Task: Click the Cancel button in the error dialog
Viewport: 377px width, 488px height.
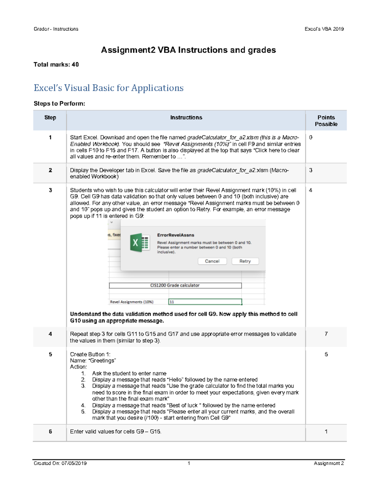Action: [x=212, y=261]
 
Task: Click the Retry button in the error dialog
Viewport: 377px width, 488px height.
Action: [x=245, y=261]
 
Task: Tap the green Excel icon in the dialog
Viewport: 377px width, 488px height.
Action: [x=140, y=243]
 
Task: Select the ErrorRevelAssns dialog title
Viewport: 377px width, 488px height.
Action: [x=176, y=235]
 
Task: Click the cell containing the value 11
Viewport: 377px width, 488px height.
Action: [x=205, y=302]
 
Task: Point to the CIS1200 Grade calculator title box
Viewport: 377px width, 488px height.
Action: [x=175, y=285]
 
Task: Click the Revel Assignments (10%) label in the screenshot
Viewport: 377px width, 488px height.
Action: [x=132, y=302]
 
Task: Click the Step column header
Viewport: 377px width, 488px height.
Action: [x=50, y=118]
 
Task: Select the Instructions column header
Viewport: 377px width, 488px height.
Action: [x=186, y=118]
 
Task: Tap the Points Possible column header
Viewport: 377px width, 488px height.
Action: [x=326, y=121]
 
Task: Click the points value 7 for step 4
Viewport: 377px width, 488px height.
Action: [x=326, y=334]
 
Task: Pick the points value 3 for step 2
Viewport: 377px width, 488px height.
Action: [x=311, y=170]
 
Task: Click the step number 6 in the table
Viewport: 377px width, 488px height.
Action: [x=50, y=431]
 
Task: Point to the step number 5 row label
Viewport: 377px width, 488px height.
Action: [x=50, y=354]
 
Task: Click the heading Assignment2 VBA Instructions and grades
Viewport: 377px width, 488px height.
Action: [x=188, y=50]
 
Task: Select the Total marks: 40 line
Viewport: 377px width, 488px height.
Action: [x=56, y=64]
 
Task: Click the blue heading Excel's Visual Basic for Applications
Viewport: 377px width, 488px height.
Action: [x=108, y=88]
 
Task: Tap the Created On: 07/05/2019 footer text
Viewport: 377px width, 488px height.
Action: [x=60, y=463]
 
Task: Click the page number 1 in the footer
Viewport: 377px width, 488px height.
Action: [x=189, y=463]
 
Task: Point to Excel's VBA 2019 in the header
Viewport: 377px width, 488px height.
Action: [x=324, y=29]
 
